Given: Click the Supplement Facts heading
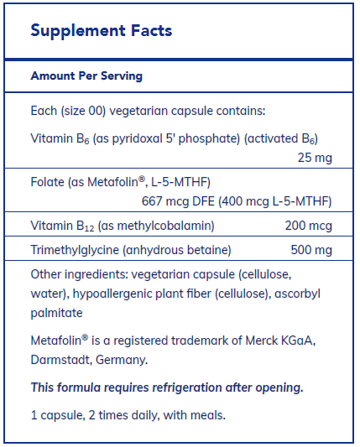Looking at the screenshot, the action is point(101,31).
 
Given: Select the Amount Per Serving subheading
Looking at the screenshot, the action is point(86,75).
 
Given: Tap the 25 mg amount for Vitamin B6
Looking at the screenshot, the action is point(315,156).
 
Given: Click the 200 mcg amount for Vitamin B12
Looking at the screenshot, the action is point(308,226).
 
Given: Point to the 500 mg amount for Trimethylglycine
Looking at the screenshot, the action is point(310,250).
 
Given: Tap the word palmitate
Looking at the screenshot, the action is point(55,313).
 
